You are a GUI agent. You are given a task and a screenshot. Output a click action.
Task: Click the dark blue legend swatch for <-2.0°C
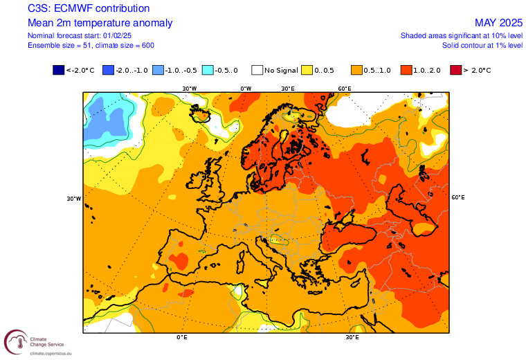pos(57,70)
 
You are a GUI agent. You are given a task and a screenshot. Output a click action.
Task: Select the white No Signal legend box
pos(257,70)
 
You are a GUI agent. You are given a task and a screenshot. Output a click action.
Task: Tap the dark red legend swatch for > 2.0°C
pos(455,70)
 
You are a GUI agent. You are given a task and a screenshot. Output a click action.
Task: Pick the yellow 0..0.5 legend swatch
pos(307,70)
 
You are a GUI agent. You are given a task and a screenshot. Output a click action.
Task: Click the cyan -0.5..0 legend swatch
pos(207,70)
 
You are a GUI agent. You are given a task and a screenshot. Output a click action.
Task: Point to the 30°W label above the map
pos(189,89)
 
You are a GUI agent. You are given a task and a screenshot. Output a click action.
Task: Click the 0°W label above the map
pos(246,89)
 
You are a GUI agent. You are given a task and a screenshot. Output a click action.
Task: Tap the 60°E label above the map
pos(344,89)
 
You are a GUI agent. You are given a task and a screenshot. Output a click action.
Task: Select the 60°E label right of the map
pos(458,197)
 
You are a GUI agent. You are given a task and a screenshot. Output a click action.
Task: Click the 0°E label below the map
pos(182,338)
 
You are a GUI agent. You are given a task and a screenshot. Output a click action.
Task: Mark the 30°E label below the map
pos(352,338)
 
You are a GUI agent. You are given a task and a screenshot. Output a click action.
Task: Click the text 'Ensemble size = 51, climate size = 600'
pos(91,45)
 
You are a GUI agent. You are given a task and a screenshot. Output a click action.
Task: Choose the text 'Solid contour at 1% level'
pos(482,45)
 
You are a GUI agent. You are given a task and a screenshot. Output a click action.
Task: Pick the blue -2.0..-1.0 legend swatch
pos(107,70)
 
